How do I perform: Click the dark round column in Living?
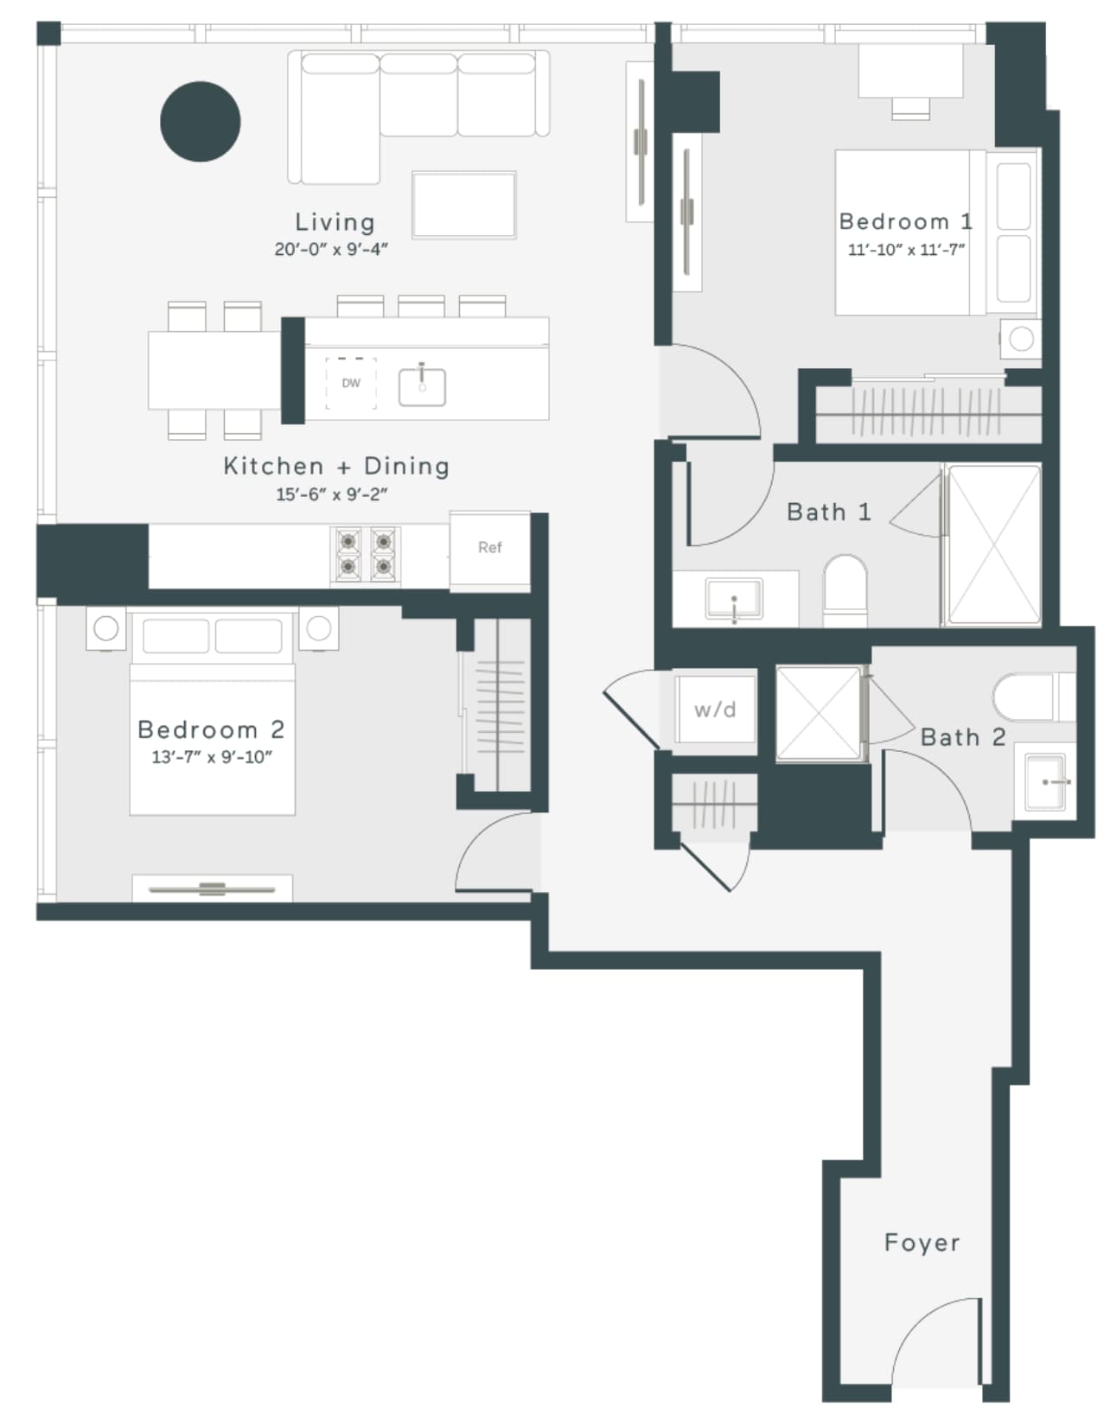[x=201, y=121]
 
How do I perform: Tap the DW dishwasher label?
[x=351, y=383]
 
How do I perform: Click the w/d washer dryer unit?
[x=715, y=710]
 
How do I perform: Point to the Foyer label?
[x=922, y=1242]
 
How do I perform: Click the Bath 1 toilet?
[x=845, y=590]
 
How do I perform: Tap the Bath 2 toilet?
[x=1034, y=697]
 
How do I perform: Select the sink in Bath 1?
[x=734, y=598]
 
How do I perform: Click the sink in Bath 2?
[x=1045, y=781]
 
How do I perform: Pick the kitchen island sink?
[x=422, y=386]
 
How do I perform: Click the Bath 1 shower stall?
[x=994, y=544]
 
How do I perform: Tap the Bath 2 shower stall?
[x=818, y=714]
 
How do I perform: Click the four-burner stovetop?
[x=365, y=555]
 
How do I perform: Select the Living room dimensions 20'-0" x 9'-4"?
[x=331, y=250]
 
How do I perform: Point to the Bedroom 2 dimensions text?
[x=211, y=757]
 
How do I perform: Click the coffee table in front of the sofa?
[x=464, y=205]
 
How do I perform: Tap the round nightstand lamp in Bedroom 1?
[x=1021, y=340]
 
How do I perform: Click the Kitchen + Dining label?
[x=336, y=466]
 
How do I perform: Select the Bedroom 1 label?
[x=905, y=221]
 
